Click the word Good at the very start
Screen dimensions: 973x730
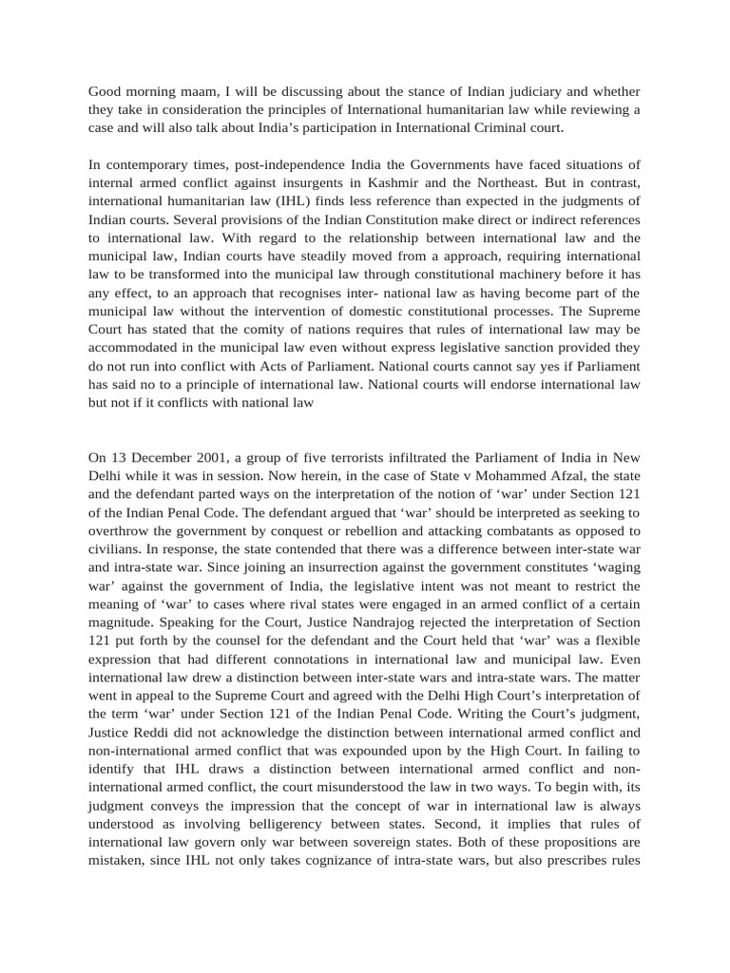coord(106,92)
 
